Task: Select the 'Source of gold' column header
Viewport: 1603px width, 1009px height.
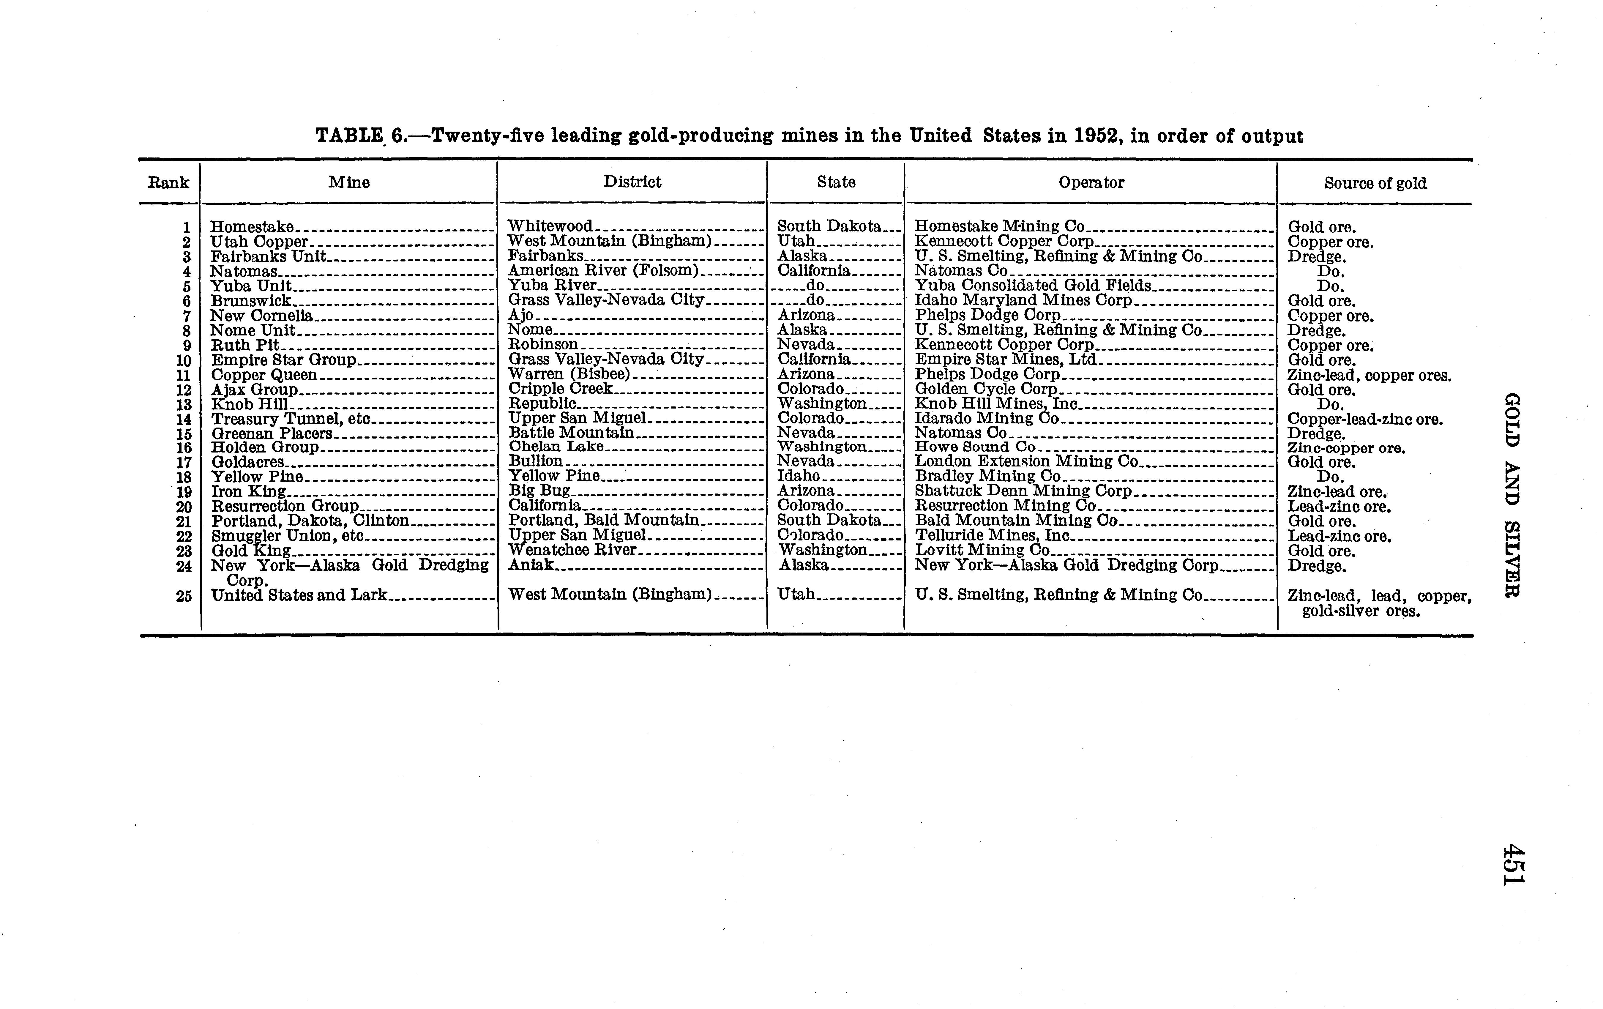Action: (x=1375, y=183)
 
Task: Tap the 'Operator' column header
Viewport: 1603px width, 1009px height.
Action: (x=1091, y=182)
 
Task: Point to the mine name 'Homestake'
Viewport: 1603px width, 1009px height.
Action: (x=252, y=227)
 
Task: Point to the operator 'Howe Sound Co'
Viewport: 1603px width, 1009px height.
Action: (x=975, y=447)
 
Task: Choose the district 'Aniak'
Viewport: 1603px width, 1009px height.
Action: (x=531, y=565)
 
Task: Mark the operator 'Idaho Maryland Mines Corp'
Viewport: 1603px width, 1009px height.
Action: (x=1023, y=300)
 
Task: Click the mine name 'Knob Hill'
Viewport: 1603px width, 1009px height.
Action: (x=250, y=404)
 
